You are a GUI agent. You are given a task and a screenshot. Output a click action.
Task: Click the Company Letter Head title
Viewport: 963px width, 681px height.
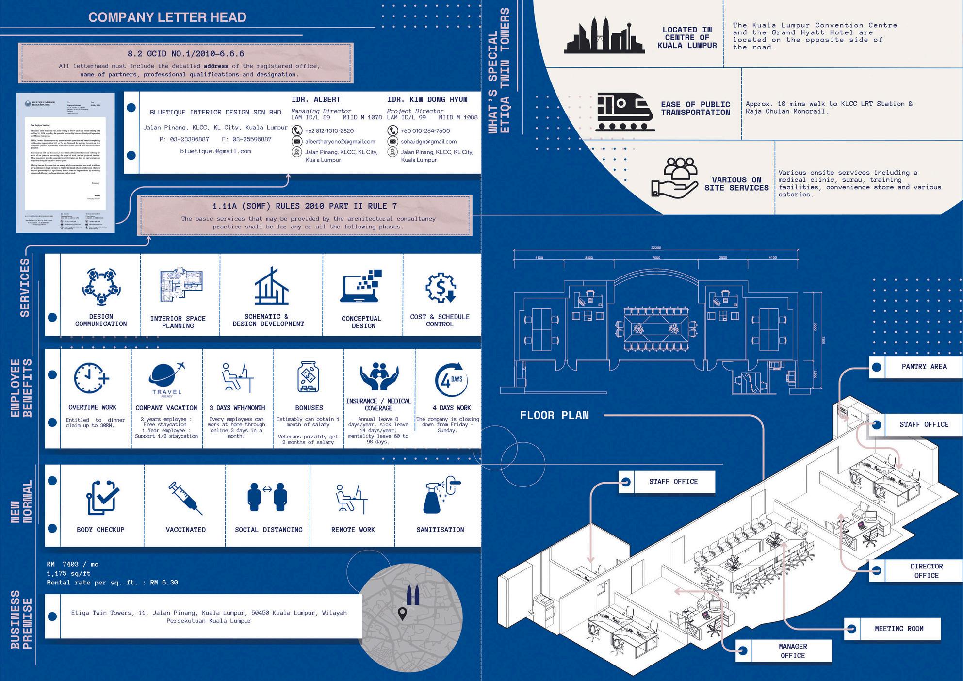click(x=167, y=17)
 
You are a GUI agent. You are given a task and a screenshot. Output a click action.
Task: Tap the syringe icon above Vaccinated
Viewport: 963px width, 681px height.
click(x=185, y=498)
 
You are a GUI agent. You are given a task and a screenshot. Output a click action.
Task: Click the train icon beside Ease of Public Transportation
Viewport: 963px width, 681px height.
click(x=625, y=112)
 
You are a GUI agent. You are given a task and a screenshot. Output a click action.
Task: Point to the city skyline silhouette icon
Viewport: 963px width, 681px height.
click(x=604, y=36)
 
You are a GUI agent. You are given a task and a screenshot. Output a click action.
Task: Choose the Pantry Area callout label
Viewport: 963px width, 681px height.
click(x=924, y=367)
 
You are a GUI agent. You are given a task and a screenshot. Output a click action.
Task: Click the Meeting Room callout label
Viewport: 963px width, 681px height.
click(x=899, y=629)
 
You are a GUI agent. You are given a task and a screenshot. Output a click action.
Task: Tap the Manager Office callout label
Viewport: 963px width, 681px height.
click(x=792, y=651)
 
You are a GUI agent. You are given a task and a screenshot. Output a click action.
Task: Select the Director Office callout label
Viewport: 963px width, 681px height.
click(x=926, y=571)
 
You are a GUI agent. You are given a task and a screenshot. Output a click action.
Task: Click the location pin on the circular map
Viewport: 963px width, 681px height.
click(x=402, y=614)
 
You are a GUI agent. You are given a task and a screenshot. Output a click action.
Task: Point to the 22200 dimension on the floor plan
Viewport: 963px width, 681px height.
click(x=655, y=248)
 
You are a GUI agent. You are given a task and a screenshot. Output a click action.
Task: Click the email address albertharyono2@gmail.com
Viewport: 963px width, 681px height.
click(x=340, y=142)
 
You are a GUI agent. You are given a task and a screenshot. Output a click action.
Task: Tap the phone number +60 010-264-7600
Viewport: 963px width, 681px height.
click(x=425, y=131)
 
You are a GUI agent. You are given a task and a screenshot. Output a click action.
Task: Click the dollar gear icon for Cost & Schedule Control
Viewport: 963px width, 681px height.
click(x=440, y=288)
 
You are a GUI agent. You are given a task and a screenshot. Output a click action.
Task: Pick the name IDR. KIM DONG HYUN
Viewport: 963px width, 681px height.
click(x=427, y=99)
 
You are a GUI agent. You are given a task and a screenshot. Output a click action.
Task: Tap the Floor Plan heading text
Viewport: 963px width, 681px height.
click(x=554, y=415)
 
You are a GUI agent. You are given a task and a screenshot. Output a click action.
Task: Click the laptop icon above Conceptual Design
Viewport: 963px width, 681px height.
click(x=360, y=286)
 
